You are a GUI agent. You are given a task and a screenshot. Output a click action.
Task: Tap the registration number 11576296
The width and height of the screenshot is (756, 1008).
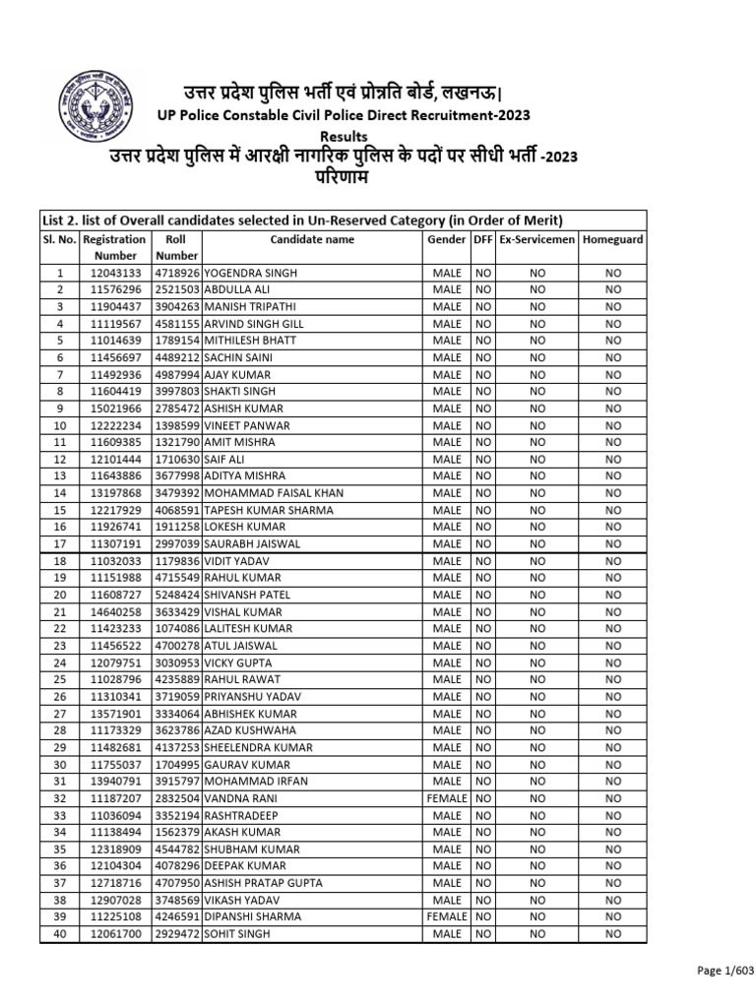[x=114, y=289]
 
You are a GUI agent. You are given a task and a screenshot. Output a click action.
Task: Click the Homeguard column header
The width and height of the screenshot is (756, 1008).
[x=613, y=239]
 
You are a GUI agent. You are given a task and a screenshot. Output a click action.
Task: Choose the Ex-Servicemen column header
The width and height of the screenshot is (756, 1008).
[x=537, y=239]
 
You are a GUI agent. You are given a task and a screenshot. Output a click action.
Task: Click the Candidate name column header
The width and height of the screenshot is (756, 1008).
[x=312, y=239]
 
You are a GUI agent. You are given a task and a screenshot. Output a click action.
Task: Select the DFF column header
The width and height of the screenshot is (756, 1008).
[x=482, y=239]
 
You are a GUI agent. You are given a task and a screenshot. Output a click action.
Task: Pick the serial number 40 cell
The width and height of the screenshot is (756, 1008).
[x=59, y=933]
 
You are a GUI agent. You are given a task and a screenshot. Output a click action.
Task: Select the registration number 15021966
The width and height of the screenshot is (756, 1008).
[x=114, y=409]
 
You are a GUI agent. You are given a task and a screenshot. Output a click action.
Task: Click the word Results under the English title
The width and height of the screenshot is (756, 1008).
[x=344, y=136]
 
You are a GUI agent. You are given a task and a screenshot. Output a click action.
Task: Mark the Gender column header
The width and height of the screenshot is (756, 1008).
[x=446, y=239]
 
